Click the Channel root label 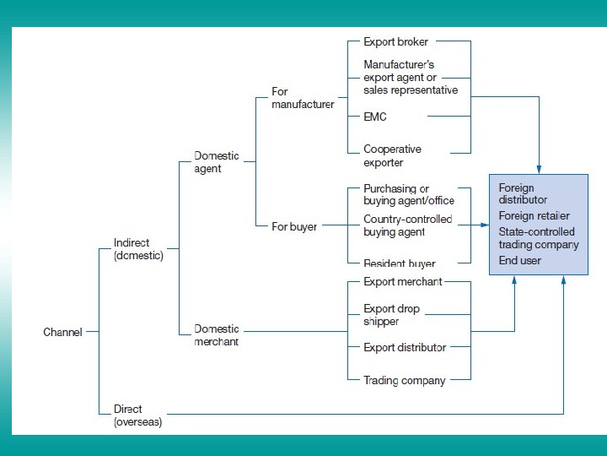coord(63,332)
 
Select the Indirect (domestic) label coord(138,249)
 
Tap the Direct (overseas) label coord(138,415)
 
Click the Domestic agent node coord(217,162)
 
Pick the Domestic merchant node coord(217,335)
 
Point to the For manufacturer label coord(303,98)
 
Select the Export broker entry coord(396,41)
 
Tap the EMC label coord(375,117)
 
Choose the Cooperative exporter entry coord(392,156)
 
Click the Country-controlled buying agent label coord(407,225)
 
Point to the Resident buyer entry coord(400,263)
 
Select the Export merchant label coord(403,281)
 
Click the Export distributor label coord(405,347)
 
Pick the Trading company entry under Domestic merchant coord(404,380)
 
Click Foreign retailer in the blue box coord(534,215)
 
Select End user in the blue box coord(519,261)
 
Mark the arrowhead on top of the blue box coord(539,170)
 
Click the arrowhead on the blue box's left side coord(486,225)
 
